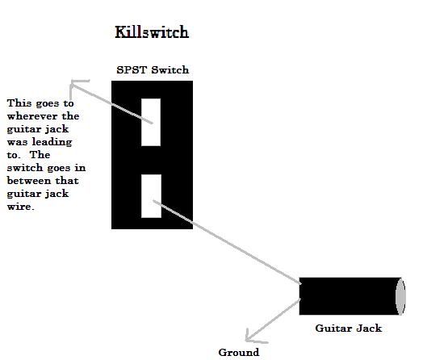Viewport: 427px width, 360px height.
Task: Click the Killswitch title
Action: pos(152,32)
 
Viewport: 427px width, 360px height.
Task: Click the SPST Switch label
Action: pos(153,70)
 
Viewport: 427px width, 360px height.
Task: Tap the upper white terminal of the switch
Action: pos(151,122)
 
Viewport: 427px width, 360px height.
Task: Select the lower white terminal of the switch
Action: pos(152,196)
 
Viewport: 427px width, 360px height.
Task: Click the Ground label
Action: pos(239,353)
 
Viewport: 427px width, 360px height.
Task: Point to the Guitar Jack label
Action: pos(349,329)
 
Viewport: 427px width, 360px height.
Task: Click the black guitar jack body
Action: pos(348,296)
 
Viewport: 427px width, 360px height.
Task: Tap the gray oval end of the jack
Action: pos(400,296)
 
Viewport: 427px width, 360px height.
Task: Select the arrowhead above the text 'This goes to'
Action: pos(75,85)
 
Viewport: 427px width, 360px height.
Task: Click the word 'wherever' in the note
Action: pos(32,116)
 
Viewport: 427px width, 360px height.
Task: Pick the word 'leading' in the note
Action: pos(52,142)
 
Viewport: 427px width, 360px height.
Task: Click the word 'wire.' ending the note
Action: pos(21,207)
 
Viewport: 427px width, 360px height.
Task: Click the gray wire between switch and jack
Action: pos(227,242)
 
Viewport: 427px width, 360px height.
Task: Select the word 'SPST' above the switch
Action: pos(132,70)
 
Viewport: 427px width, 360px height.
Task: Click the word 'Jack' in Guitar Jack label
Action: pos(369,329)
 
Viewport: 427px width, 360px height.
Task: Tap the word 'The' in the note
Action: pos(40,155)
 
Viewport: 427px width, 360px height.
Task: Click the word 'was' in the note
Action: pos(17,142)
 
